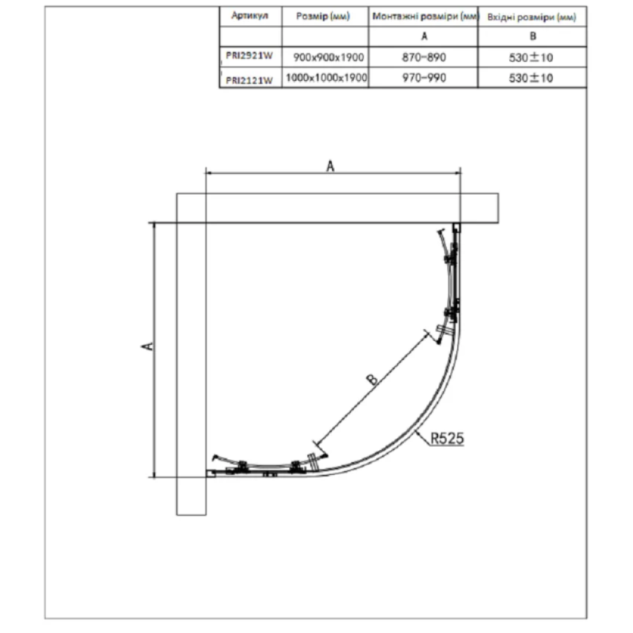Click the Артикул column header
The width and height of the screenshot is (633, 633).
pyautogui.click(x=250, y=15)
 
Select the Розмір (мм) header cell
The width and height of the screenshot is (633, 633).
pyautogui.click(x=323, y=16)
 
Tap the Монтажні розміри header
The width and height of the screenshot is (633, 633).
pyautogui.click(x=426, y=16)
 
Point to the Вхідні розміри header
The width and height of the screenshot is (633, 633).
pyautogui.click(x=532, y=17)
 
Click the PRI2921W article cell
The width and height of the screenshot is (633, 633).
pyautogui.click(x=249, y=56)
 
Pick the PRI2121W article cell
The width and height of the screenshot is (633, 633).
pyautogui.click(x=249, y=80)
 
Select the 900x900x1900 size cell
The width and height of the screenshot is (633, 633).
pyautogui.click(x=328, y=58)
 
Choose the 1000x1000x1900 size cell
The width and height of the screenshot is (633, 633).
pyautogui.click(x=326, y=77)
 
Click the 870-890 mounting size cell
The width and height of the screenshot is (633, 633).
pyautogui.click(x=424, y=58)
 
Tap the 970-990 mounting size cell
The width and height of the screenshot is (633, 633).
pyautogui.click(x=424, y=77)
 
